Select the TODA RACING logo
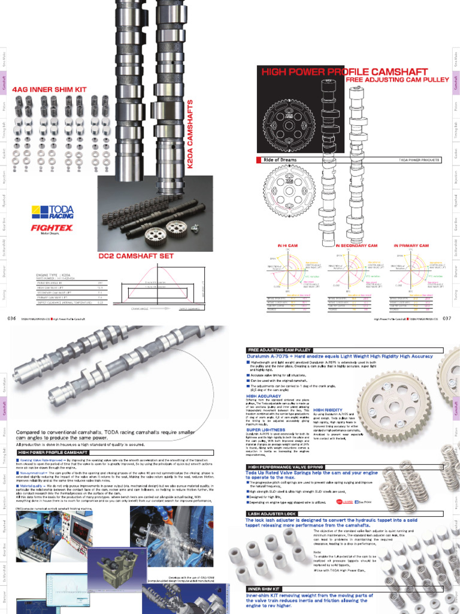[x=54, y=211]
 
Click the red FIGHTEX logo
[x=52, y=228]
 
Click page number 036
[x=11, y=319]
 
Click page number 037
[x=446, y=319]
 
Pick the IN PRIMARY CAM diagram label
[x=411, y=246]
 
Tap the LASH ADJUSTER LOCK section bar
[x=271, y=514]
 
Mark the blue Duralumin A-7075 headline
[x=339, y=356]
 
